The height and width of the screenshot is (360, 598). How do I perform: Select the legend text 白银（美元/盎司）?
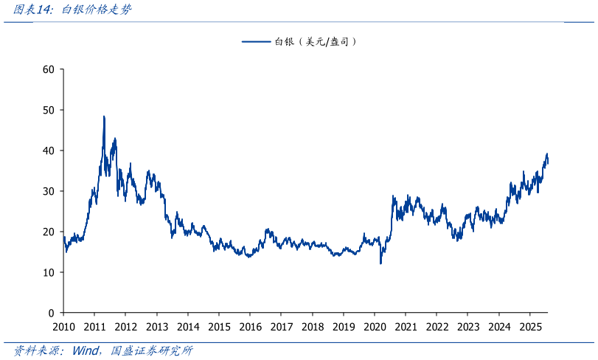click(x=316, y=42)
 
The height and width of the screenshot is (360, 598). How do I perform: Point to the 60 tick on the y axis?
click(x=49, y=69)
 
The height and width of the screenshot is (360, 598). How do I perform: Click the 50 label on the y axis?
click(x=49, y=110)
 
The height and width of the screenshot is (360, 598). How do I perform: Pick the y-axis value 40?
click(x=49, y=150)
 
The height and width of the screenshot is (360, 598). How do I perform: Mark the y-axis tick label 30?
click(x=49, y=191)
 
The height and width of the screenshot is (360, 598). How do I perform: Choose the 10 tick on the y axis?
click(x=49, y=272)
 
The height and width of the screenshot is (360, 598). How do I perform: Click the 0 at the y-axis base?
click(x=52, y=313)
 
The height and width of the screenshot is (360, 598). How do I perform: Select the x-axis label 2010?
click(x=63, y=326)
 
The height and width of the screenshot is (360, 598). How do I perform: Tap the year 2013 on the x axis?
click(x=157, y=326)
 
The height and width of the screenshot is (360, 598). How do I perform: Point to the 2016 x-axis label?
click(x=250, y=326)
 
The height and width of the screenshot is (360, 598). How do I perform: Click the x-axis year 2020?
click(x=375, y=326)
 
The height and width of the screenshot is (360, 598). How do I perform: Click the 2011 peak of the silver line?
click(x=104, y=117)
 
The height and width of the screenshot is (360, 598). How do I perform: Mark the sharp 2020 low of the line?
click(x=380, y=263)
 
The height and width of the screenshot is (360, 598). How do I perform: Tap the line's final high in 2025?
click(x=546, y=154)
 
